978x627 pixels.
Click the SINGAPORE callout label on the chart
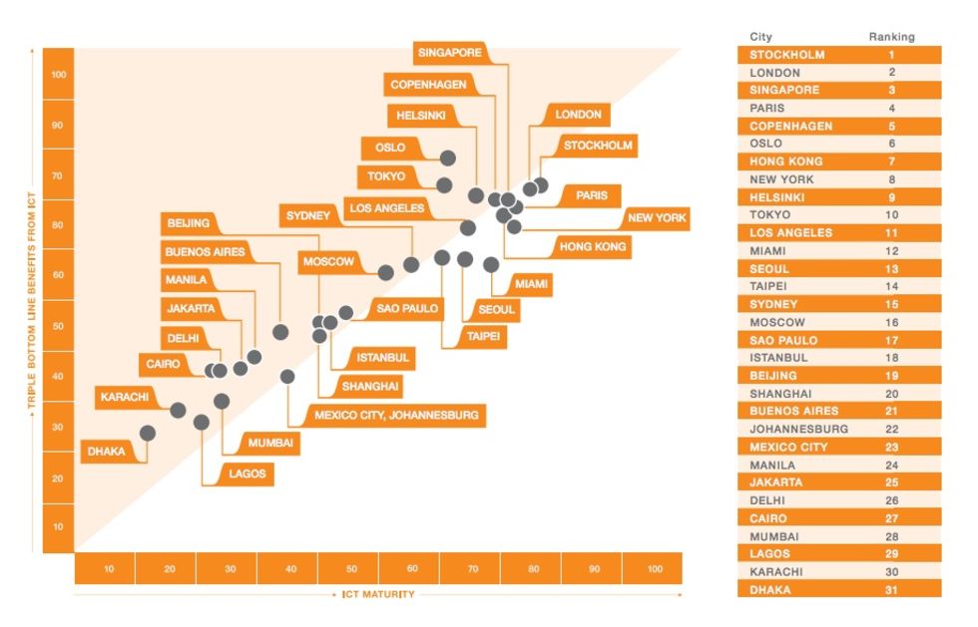(450, 53)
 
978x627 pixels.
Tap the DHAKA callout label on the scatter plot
(107, 452)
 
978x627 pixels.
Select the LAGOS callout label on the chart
(247, 473)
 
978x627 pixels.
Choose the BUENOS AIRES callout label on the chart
(205, 252)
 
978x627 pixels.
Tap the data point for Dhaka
(148, 433)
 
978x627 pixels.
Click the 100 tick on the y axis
(58, 75)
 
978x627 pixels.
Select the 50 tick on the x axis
(351, 569)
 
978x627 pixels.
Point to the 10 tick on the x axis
(108, 569)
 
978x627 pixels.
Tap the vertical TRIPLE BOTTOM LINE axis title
(32, 299)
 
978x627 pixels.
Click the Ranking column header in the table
(891, 37)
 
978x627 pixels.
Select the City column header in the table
(760, 37)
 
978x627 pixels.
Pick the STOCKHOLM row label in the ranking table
(787, 55)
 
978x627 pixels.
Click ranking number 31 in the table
(891, 590)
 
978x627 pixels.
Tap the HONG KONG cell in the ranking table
(786, 161)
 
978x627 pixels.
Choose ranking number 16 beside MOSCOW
(891, 323)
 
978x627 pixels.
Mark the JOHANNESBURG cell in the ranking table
(798, 430)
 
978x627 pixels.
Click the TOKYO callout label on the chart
(386, 177)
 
